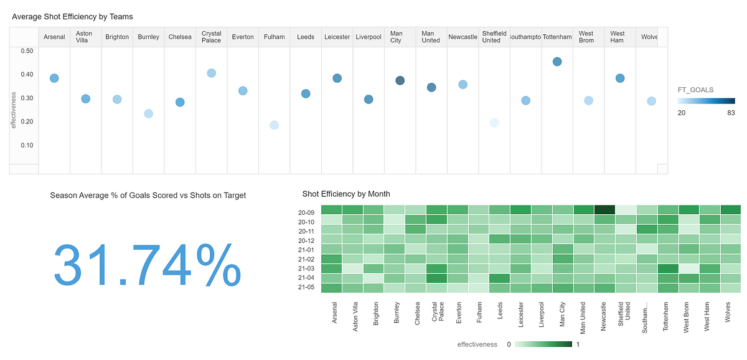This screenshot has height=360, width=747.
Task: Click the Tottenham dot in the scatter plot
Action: pos(557,62)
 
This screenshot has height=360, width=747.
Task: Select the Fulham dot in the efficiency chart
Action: pos(274,125)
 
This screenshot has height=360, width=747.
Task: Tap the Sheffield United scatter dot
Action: pos(494,123)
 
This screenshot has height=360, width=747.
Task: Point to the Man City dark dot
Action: pos(400,80)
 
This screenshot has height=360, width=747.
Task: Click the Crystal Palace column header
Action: pos(211,37)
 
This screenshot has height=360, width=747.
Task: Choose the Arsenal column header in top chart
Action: pos(54,37)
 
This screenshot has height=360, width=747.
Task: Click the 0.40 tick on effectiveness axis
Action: pos(26,75)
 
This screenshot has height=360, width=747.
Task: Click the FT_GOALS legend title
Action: pos(695,90)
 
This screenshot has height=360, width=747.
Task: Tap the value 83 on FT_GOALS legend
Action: pos(731,113)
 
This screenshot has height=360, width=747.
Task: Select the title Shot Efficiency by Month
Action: pos(346,194)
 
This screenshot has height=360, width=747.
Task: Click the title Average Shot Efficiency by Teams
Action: pos(72,17)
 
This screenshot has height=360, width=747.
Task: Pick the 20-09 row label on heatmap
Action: pos(306,212)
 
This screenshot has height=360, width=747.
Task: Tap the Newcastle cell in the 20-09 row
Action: pos(604,210)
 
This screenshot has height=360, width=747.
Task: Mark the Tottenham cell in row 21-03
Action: pos(668,268)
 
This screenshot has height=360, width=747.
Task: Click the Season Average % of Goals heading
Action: pos(148,196)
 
